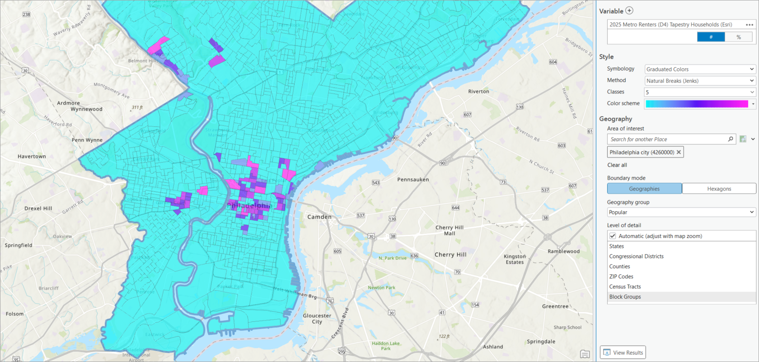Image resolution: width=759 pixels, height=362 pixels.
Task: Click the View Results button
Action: [623, 353]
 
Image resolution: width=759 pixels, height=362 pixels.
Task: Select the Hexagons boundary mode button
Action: [719, 189]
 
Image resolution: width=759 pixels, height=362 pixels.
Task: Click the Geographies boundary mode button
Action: [644, 189]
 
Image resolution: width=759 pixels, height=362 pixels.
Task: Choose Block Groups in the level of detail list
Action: [625, 297]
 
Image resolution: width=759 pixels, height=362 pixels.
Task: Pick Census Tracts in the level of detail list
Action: [625, 287]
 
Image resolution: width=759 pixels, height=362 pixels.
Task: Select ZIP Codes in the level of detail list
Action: [621, 277]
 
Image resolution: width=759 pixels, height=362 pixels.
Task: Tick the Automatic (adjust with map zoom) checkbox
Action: [613, 236]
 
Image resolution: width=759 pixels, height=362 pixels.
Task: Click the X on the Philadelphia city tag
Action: [679, 152]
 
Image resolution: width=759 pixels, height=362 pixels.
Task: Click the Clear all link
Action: [617, 165]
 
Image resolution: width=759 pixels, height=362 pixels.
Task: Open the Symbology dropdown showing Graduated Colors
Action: [699, 69]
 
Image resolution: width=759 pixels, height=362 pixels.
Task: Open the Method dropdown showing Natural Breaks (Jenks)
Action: [699, 81]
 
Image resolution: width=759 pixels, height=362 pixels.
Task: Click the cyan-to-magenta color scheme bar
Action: [697, 104]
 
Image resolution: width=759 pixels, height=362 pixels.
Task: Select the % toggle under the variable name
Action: [739, 37]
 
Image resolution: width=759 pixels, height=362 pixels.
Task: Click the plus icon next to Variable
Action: [629, 10]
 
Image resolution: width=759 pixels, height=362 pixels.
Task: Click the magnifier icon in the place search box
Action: [731, 139]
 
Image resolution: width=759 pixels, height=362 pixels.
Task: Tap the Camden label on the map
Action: [319, 217]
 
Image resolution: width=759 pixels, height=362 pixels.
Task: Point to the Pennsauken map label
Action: [413, 180]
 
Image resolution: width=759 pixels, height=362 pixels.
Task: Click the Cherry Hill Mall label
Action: [450, 230]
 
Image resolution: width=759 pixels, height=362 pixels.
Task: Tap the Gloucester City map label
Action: [317, 319]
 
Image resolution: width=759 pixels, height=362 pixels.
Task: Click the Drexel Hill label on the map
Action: [38, 209]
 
